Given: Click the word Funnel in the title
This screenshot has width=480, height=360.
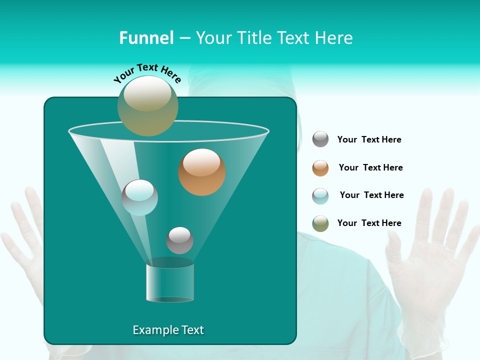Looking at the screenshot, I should click(x=146, y=38).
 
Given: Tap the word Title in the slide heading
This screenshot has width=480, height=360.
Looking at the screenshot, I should click(x=254, y=38).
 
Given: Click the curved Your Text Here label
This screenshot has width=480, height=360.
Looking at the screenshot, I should click(x=147, y=73).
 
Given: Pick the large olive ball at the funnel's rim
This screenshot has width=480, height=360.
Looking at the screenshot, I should click(x=148, y=105).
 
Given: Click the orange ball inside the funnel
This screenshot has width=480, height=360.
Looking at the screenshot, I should click(x=202, y=172).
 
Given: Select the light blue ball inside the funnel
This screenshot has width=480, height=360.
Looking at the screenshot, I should click(x=140, y=197).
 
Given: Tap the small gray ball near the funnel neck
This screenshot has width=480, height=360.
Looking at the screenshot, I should click(x=179, y=240).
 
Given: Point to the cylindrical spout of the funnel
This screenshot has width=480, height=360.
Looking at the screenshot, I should click(x=170, y=282).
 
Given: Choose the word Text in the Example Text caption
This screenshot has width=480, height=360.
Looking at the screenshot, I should click(x=192, y=330).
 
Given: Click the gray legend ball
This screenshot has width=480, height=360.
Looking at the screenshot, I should click(x=320, y=139).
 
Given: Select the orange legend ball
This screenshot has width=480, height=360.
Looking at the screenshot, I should click(x=320, y=167).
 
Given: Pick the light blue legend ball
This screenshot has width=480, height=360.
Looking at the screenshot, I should click(x=320, y=195).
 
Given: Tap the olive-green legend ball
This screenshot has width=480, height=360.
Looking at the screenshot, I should click(x=320, y=223).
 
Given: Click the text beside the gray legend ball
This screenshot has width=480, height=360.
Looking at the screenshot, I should click(x=369, y=139).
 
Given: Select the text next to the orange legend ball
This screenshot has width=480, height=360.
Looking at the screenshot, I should click(x=370, y=167).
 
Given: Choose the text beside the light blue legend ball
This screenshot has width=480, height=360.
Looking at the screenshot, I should click(x=371, y=195).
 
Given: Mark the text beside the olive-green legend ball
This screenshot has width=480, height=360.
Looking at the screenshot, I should click(x=369, y=223).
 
